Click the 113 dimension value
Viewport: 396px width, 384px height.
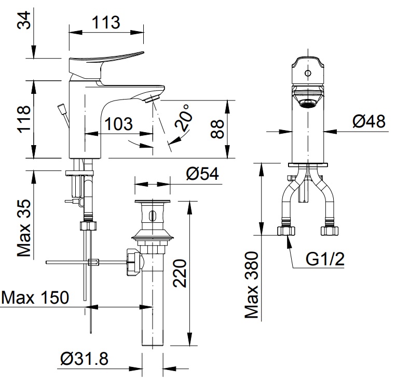(x=106, y=22)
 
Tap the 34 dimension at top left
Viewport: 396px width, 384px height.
(x=24, y=22)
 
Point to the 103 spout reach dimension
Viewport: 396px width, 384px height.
(x=118, y=124)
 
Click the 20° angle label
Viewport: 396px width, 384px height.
(x=182, y=117)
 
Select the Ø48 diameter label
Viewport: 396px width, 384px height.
(x=369, y=121)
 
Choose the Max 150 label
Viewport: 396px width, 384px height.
(x=35, y=297)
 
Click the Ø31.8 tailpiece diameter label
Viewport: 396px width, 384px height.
(x=84, y=359)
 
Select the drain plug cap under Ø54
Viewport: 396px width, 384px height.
(x=153, y=202)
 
